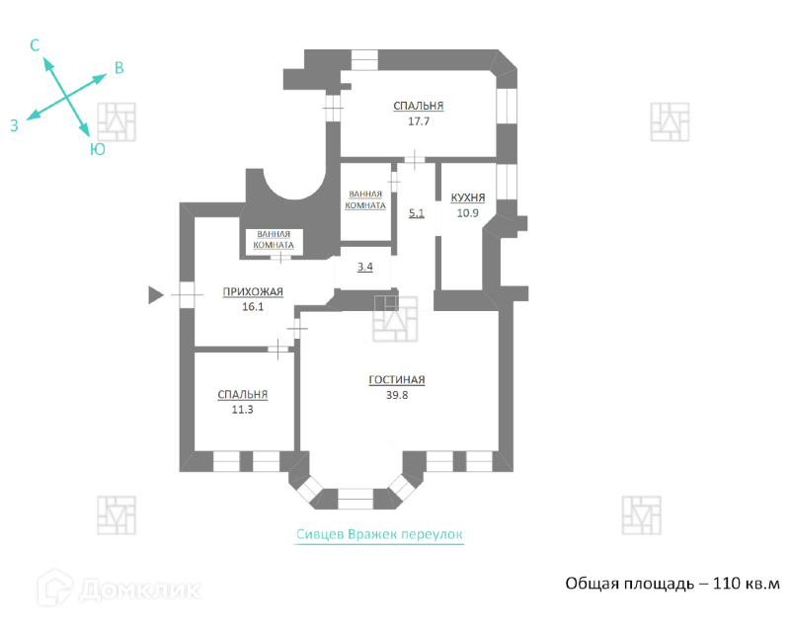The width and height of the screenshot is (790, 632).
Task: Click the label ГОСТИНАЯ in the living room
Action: click(396, 379)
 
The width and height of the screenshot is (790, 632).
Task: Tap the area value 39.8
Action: click(396, 395)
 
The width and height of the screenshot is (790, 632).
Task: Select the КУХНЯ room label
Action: click(467, 197)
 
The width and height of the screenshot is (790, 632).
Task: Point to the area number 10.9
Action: click(467, 212)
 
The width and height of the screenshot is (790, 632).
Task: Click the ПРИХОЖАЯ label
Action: click(254, 291)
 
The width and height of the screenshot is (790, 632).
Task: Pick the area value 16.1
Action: click(254, 307)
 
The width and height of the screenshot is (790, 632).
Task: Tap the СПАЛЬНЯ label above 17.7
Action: click(418, 107)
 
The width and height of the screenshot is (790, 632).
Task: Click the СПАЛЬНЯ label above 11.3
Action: click(243, 394)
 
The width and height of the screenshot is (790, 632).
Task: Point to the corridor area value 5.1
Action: click(416, 212)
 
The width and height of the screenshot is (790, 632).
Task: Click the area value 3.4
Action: click(364, 267)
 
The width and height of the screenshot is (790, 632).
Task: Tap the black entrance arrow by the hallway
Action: click(155, 293)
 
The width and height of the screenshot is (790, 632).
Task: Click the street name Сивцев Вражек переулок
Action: click(379, 534)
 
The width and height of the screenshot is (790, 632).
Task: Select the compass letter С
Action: click(35, 45)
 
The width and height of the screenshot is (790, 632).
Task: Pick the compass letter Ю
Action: click(98, 149)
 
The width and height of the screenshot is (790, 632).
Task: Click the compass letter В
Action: click(118, 68)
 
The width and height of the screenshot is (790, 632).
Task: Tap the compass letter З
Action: click(14, 125)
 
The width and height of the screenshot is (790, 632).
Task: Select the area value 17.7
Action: click(418, 121)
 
